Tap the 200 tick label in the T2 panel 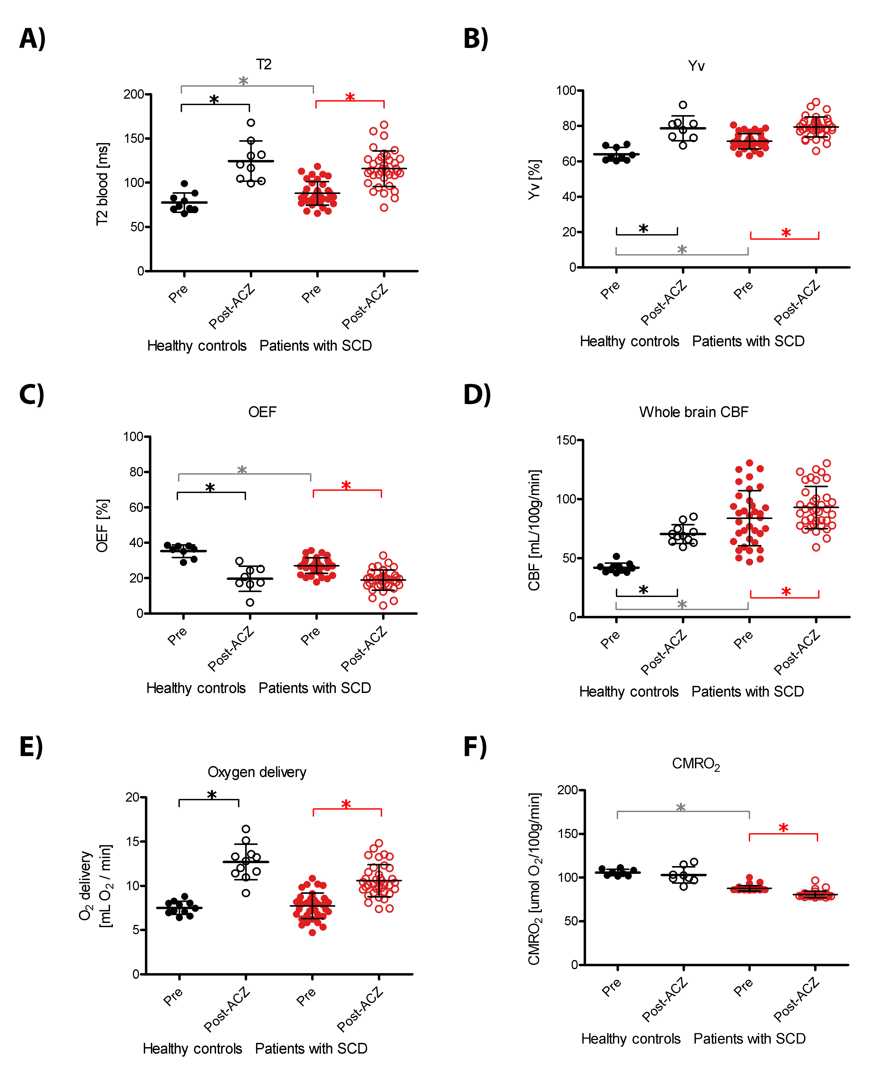click(134, 94)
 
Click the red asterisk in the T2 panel click(350, 98)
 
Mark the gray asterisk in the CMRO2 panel click(681, 808)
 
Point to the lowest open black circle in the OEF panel click(250, 602)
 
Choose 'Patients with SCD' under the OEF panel click(315, 688)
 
